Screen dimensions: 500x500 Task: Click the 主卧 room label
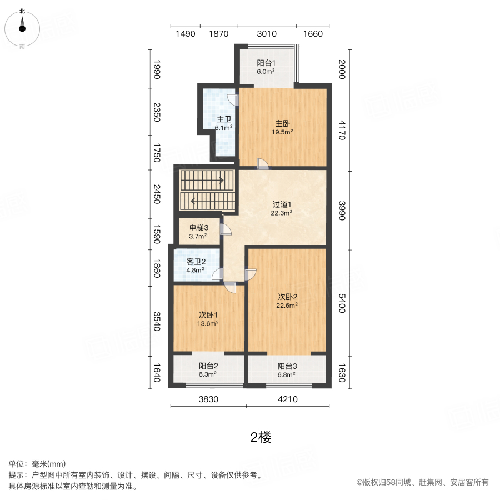tap(283, 123)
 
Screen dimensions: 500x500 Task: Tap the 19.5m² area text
tap(282, 132)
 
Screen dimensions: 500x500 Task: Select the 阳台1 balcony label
tap(266, 63)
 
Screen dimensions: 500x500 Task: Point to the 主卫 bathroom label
tap(224, 119)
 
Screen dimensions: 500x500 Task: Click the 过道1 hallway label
tap(282, 204)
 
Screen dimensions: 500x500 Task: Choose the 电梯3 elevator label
tap(199, 228)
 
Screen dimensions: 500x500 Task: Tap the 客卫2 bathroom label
tap(196, 262)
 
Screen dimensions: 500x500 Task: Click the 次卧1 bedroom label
tap(208, 315)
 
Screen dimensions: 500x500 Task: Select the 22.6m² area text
tap(287, 305)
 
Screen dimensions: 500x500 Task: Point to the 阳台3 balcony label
tap(287, 367)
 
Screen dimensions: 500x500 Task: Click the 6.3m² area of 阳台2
tap(208, 374)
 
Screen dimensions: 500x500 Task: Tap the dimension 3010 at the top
tap(267, 34)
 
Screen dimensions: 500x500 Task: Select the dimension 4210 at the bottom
tap(288, 399)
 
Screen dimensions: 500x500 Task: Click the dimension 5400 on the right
tap(342, 303)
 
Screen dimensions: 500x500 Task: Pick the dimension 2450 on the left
tap(157, 194)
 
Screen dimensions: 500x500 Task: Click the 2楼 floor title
tap(261, 438)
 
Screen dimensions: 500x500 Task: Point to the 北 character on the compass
tap(22, 11)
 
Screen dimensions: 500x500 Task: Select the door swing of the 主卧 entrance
tap(263, 163)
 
